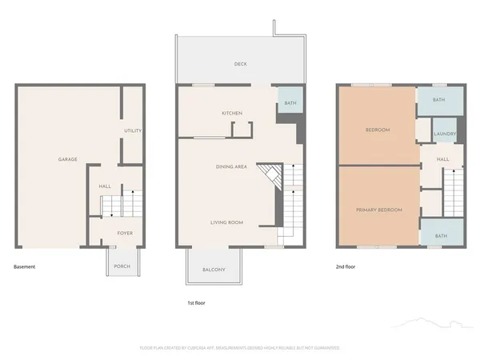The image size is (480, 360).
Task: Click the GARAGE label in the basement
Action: click(67, 159)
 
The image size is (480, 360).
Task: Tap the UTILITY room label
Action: click(132, 130)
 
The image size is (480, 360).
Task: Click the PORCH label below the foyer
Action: click(122, 266)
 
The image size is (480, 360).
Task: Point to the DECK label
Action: click(239, 64)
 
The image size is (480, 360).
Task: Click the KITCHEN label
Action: click(232, 113)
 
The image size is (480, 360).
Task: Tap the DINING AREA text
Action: click(231, 166)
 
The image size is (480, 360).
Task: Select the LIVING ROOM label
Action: click(226, 222)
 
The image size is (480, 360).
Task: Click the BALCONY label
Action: click(213, 270)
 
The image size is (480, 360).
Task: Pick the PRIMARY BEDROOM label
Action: click(378, 210)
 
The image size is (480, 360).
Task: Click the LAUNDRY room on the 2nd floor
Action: click(444, 134)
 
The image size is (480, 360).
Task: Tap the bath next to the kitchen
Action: click(289, 102)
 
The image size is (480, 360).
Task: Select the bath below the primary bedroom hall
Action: click(442, 236)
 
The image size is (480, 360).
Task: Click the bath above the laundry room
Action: click(439, 100)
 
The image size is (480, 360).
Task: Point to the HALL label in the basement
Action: click(105, 186)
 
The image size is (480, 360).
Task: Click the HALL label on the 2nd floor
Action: click(442, 159)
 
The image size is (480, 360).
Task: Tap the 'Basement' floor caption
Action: click(25, 266)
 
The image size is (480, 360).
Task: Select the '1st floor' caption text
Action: click(197, 303)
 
